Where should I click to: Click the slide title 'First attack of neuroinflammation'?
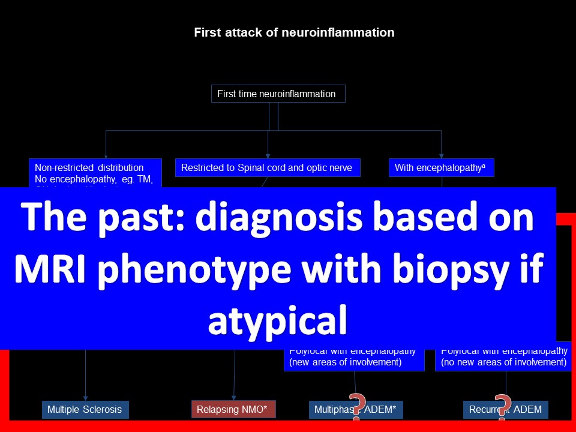click(x=294, y=32)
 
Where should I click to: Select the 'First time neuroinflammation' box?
click(x=278, y=94)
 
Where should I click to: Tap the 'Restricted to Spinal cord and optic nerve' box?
click(x=268, y=168)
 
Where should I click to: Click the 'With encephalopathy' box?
click(x=442, y=168)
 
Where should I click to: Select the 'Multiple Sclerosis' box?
click(x=85, y=410)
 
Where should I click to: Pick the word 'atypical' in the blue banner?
click(x=277, y=320)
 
